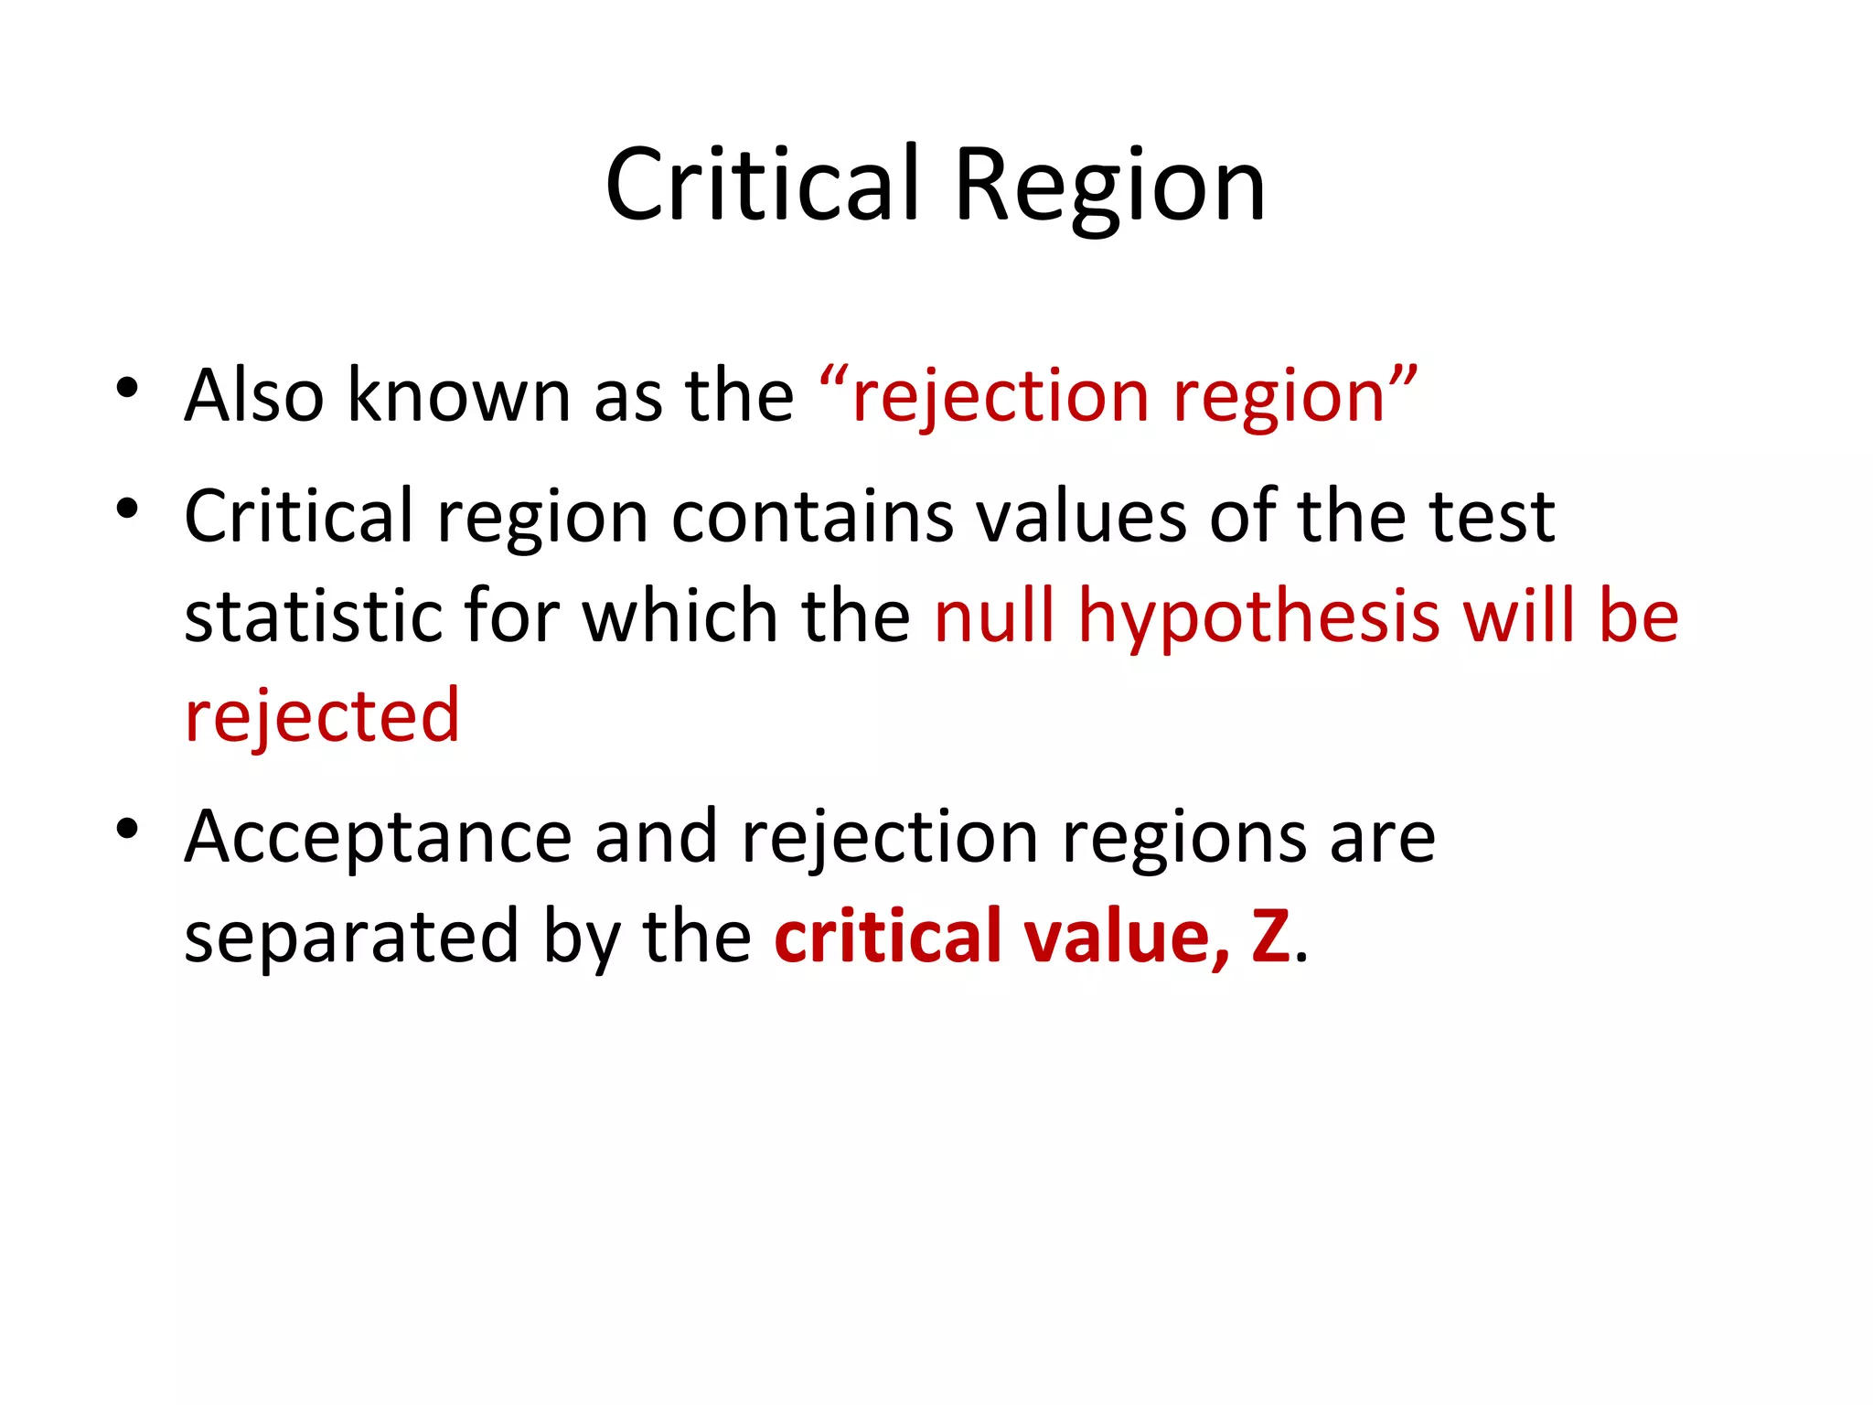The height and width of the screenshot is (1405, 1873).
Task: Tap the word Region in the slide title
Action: [x=1109, y=188]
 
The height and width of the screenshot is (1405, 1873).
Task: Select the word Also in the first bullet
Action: [x=254, y=395]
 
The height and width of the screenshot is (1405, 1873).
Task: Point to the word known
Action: [x=459, y=395]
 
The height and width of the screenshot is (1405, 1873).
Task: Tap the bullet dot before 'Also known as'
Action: [x=127, y=388]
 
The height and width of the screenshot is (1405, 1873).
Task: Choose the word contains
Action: [x=813, y=517]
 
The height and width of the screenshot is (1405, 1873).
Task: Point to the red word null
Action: [x=995, y=616]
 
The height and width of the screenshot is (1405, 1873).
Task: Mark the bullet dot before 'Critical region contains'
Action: [x=127, y=508]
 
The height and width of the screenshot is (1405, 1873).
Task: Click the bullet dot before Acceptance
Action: [x=127, y=829]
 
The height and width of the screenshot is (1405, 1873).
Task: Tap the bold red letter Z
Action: [x=1271, y=937]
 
